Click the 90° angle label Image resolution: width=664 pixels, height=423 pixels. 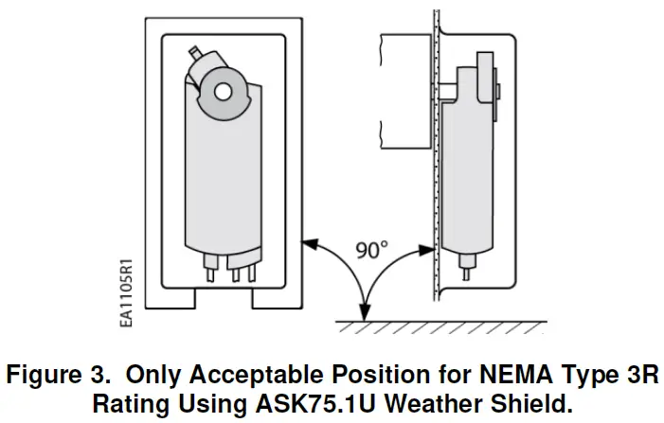click(371, 250)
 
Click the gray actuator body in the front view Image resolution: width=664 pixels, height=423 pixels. click(224, 180)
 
